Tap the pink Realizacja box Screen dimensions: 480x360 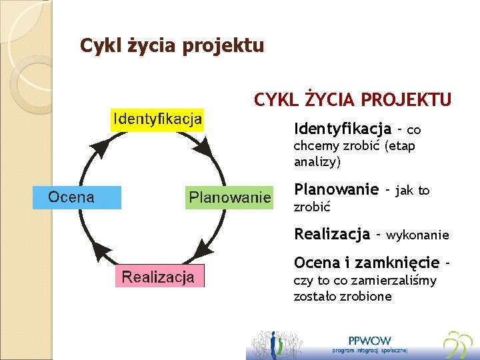point(158,277)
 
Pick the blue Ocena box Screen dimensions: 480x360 point(77,197)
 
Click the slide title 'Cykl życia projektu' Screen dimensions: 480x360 point(172,45)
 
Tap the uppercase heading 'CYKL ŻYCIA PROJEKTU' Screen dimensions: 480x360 point(353,100)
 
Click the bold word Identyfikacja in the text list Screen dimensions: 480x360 point(343,127)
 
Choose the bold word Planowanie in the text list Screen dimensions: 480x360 point(337,189)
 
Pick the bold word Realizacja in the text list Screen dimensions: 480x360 point(332,234)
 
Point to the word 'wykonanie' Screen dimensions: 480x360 point(417,235)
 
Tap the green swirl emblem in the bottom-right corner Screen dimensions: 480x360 point(458,344)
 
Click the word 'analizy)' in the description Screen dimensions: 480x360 point(317,161)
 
